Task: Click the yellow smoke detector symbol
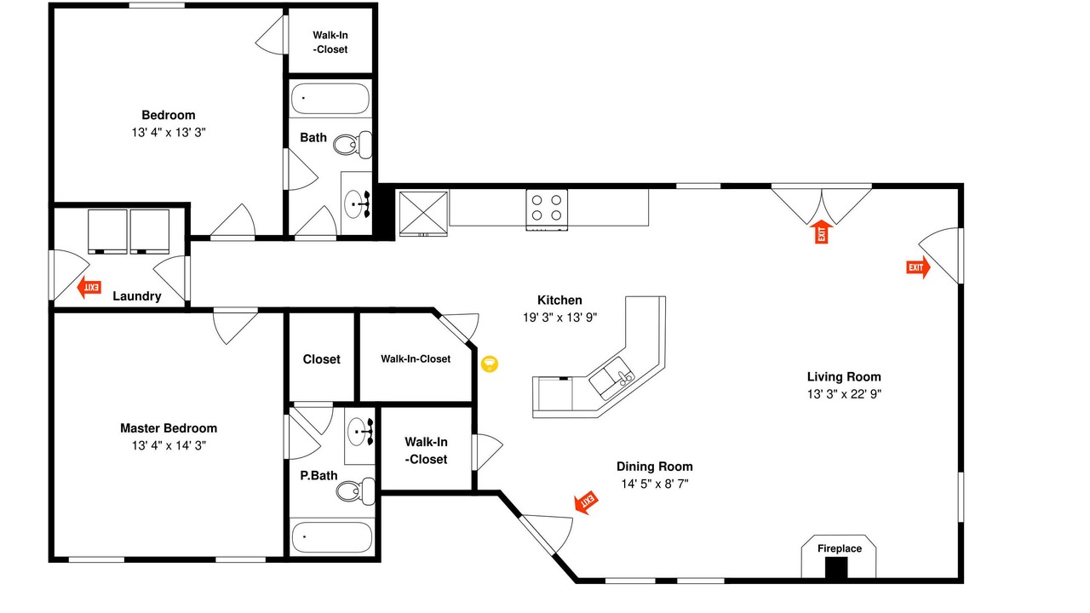pos(490,364)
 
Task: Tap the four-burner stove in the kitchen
pos(547,209)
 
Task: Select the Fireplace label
pos(840,548)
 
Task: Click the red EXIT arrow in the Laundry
pos(89,287)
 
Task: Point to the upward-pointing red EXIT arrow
pos(822,232)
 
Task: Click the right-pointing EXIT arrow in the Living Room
pos(918,267)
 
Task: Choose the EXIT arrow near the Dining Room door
pos(587,502)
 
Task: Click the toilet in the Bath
pos(353,145)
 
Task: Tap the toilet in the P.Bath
pos(356,491)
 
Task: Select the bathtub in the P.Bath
pos(332,537)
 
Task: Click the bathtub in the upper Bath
pos(330,99)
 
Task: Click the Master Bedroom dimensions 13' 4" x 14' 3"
pos(169,445)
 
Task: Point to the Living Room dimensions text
pos(844,393)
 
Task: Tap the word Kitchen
pos(559,300)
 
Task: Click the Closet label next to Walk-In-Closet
pos(321,359)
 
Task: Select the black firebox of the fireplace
pos(836,568)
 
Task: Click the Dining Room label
pos(655,466)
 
